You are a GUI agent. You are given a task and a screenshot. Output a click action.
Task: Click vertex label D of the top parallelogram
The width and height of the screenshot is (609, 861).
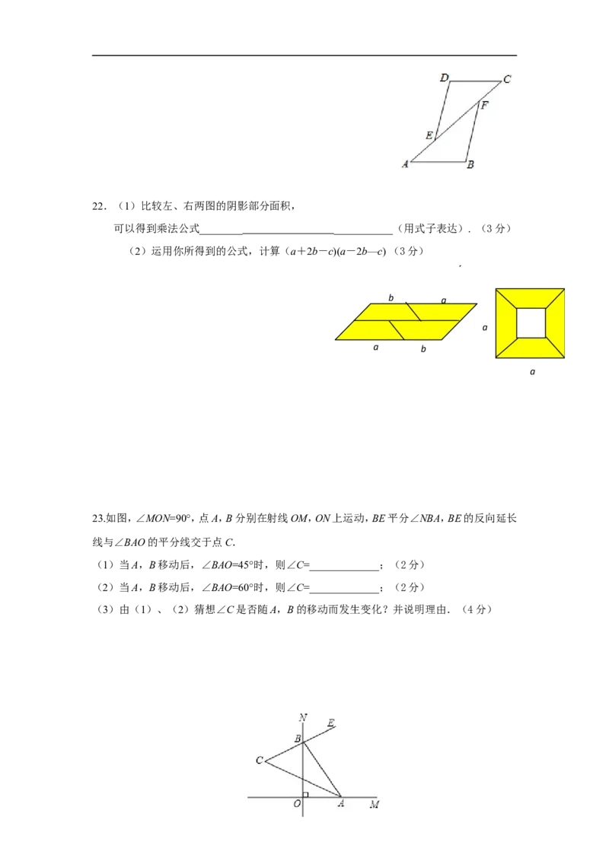tap(444, 78)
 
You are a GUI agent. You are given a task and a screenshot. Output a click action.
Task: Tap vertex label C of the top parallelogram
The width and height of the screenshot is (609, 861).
tap(507, 79)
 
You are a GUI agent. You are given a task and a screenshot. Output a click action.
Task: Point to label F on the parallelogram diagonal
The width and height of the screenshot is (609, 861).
tap(484, 105)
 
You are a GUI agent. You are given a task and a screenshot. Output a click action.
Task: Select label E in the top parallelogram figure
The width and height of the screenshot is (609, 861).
tap(429, 135)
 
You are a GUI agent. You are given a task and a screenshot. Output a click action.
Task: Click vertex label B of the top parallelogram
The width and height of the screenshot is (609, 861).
tap(470, 164)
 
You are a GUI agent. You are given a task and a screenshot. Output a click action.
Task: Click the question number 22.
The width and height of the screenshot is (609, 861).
tap(99, 206)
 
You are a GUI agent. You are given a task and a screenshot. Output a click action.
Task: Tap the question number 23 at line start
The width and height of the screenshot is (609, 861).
tap(98, 519)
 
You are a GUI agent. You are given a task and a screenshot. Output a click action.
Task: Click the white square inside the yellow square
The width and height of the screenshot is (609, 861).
tap(531, 322)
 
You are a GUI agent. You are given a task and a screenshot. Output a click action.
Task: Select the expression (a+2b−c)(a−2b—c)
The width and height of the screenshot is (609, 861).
tap(338, 252)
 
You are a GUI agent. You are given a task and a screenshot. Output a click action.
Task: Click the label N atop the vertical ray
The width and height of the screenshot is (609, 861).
tap(303, 717)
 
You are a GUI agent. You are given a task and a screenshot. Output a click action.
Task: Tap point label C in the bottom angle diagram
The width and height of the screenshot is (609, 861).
tap(260, 761)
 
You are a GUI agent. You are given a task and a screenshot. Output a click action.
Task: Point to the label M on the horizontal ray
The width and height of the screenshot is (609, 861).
tap(375, 805)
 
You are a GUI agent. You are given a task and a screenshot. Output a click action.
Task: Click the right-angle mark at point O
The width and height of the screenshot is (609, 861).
tap(305, 794)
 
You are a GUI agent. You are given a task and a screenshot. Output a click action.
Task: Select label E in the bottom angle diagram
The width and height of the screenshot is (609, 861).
tap(331, 723)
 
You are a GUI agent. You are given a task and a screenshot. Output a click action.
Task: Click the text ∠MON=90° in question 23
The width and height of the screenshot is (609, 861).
tap(163, 519)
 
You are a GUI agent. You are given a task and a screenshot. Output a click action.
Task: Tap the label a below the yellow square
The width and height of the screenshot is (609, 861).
tap(532, 372)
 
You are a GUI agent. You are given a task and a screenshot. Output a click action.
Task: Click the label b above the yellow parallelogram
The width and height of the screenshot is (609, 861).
tap(391, 297)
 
